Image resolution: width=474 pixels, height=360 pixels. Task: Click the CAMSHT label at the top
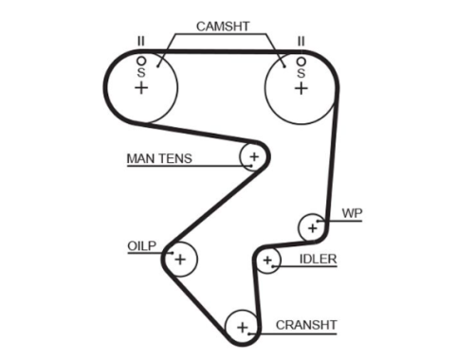tap(223, 27)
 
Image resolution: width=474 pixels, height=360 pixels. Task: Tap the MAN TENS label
tap(159, 158)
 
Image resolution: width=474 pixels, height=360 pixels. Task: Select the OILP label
tap(142, 245)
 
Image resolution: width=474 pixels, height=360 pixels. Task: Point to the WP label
tap(352, 213)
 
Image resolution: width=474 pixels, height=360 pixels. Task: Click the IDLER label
tap(318, 260)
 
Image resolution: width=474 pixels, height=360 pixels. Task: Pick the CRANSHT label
tap(306, 325)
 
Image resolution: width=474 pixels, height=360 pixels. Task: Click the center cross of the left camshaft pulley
tap(141, 87)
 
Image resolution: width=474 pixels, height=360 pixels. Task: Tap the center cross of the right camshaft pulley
tap(301, 88)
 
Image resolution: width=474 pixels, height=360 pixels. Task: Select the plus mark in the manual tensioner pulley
tap(254, 156)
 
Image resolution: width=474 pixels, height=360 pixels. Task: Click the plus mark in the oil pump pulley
tap(180, 260)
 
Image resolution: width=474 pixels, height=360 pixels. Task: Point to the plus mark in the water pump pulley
tap(312, 228)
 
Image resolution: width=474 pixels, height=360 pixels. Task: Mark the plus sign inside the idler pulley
tap(267, 261)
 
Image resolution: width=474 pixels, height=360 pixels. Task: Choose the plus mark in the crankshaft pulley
tap(243, 328)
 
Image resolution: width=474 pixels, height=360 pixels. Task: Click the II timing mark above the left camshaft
tap(141, 41)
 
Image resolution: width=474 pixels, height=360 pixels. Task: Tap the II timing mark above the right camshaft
tap(301, 41)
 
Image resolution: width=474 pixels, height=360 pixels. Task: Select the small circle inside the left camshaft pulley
tap(141, 61)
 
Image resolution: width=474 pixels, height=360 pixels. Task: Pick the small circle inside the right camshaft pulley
tap(301, 62)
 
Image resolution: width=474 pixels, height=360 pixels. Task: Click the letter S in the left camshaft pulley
tap(141, 73)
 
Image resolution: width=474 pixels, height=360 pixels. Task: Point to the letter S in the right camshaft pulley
tap(301, 73)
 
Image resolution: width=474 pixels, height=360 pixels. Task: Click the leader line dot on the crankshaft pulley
tap(249, 333)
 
